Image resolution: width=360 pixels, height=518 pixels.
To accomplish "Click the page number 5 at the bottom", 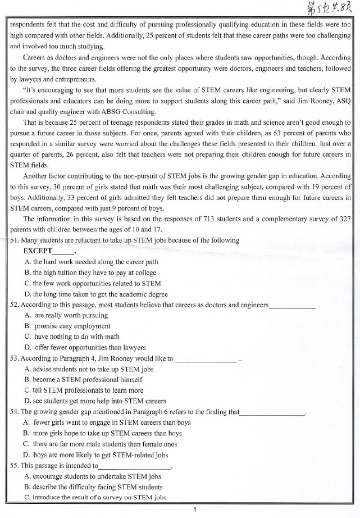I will click(194, 509).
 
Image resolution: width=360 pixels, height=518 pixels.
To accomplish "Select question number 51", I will click(15, 240).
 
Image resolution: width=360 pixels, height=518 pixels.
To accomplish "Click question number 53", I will click(15, 358).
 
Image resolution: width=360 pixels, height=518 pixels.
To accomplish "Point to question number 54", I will click(15, 412).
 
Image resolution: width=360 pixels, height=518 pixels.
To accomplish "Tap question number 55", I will click(15, 466).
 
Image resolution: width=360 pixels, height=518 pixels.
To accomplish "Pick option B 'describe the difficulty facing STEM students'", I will click(94, 487).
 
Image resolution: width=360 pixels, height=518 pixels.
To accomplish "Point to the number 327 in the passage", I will click(346, 219).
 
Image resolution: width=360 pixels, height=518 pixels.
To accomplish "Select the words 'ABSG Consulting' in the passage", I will click(130, 111).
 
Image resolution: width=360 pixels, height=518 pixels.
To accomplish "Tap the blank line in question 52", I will click(293, 306).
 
